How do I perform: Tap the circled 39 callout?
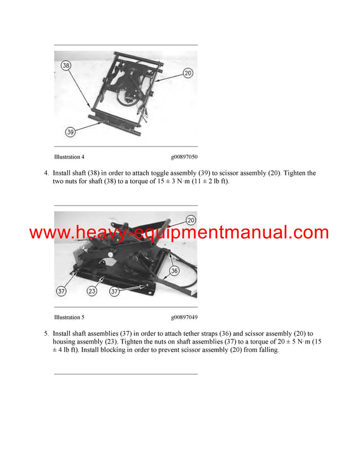(70, 131)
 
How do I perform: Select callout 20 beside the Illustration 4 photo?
(187, 73)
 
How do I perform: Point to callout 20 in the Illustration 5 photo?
(191, 220)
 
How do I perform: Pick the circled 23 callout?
(91, 292)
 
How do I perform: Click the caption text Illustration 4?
(69, 157)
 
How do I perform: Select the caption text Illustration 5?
(69, 317)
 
